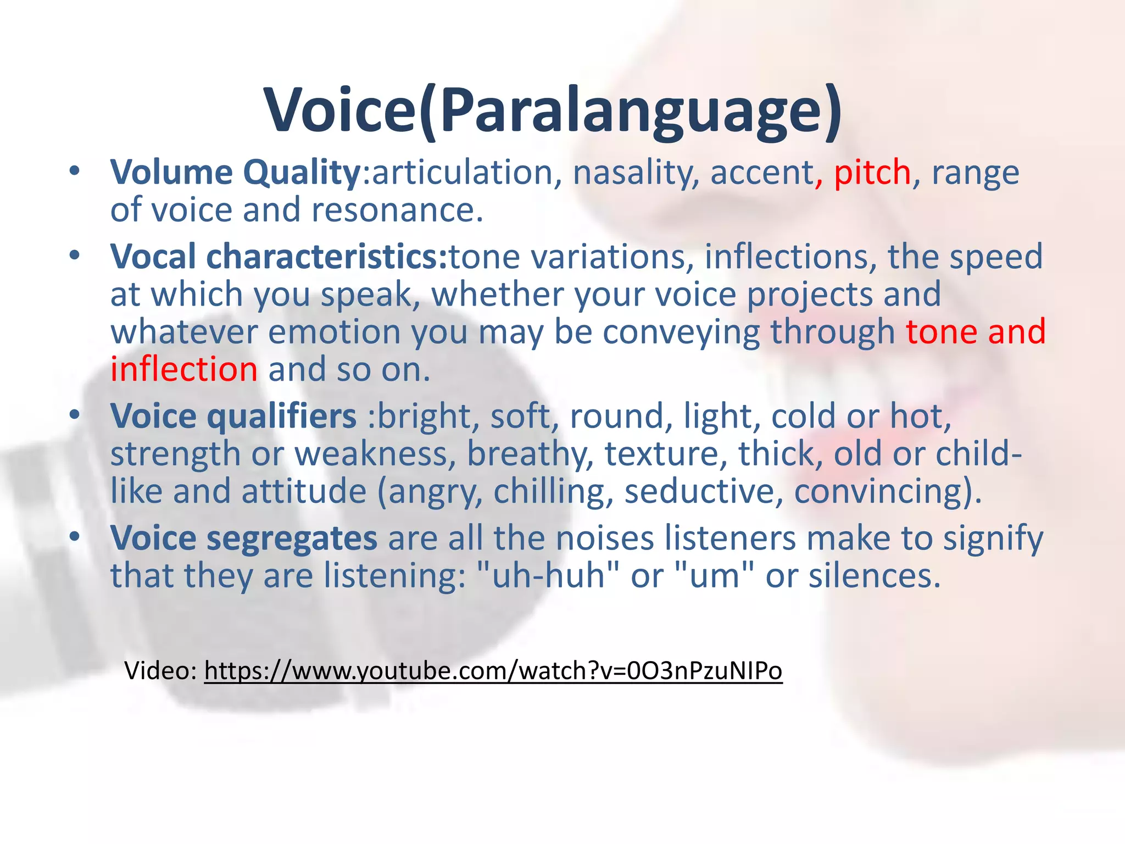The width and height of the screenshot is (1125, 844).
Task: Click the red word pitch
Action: [872, 173]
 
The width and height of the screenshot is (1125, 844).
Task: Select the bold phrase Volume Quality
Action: [235, 173]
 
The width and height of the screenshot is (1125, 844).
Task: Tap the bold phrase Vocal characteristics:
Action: [280, 257]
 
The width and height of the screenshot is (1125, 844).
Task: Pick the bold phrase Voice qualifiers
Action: [233, 416]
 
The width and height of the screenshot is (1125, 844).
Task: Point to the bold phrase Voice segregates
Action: [244, 538]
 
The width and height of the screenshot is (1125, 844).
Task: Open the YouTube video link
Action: [493, 671]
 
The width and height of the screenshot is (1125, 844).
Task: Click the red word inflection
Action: [184, 369]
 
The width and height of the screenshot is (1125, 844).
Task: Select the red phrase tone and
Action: [976, 332]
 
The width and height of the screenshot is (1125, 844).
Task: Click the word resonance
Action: [398, 210]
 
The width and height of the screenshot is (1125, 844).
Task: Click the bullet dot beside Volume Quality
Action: [75, 171]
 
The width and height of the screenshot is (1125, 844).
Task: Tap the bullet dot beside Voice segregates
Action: [75, 536]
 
